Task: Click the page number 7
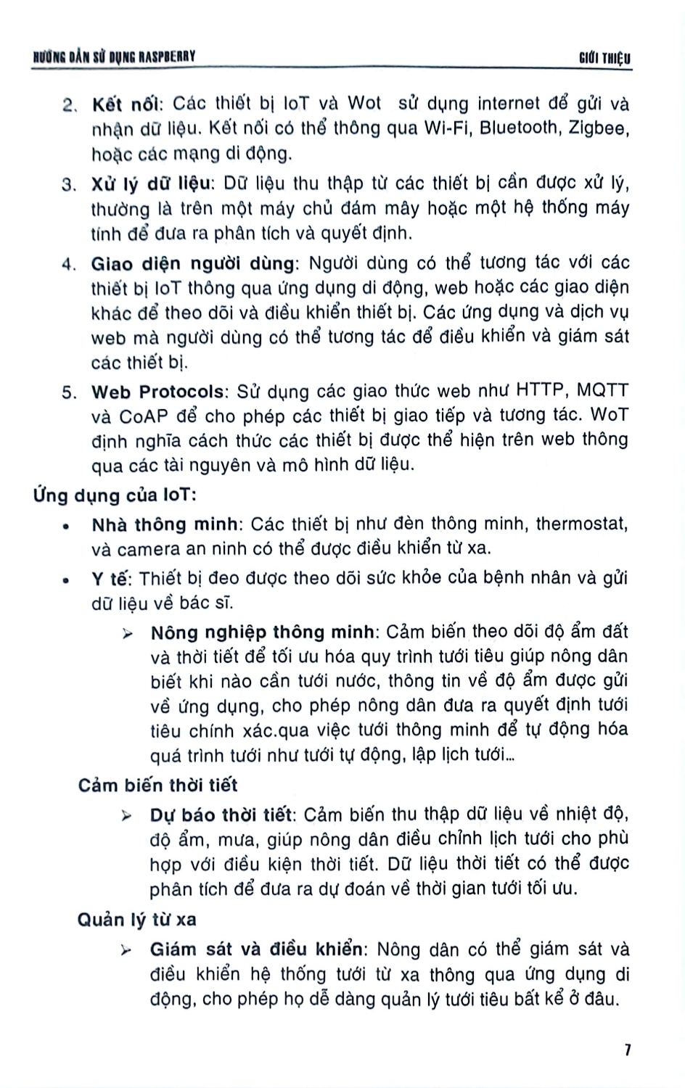[x=628, y=1050]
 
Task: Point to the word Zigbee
[x=599, y=129]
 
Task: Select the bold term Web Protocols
[x=157, y=392]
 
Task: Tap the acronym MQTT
[x=603, y=391]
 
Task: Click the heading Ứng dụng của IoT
[x=115, y=496]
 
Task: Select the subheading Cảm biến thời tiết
[x=157, y=785]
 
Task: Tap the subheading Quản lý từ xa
[x=136, y=920]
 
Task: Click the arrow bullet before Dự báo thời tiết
[x=127, y=816]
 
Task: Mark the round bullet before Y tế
[x=67, y=580]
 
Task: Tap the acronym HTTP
[x=540, y=391]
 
